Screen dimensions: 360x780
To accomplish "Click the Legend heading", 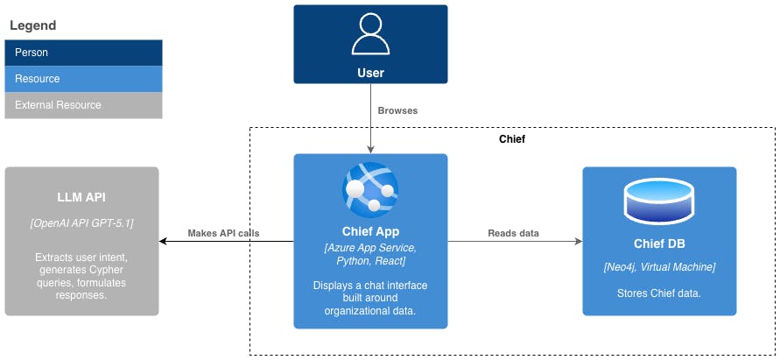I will click(x=32, y=26).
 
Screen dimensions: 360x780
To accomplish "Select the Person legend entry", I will click(x=83, y=53).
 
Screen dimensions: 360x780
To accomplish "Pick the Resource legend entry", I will click(x=83, y=79).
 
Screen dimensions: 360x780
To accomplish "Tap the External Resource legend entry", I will click(x=83, y=105).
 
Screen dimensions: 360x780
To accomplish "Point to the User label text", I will click(x=370, y=73).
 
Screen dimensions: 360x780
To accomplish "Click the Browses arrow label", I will click(x=397, y=111).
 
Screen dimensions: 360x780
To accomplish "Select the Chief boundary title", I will click(x=512, y=139).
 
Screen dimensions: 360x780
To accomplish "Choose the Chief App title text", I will click(x=370, y=232).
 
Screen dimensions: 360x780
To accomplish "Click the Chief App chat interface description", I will click(x=370, y=297).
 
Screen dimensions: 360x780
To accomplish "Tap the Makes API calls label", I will click(x=226, y=233).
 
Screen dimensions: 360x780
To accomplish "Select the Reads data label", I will click(x=513, y=233).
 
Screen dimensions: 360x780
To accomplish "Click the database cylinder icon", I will click(x=659, y=201).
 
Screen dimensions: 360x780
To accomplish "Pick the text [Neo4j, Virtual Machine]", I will click(x=659, y=266).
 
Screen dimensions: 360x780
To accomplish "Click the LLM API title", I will click(x=81, y=197).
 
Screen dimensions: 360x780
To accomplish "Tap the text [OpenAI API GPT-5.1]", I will click(x=81, y=223).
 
